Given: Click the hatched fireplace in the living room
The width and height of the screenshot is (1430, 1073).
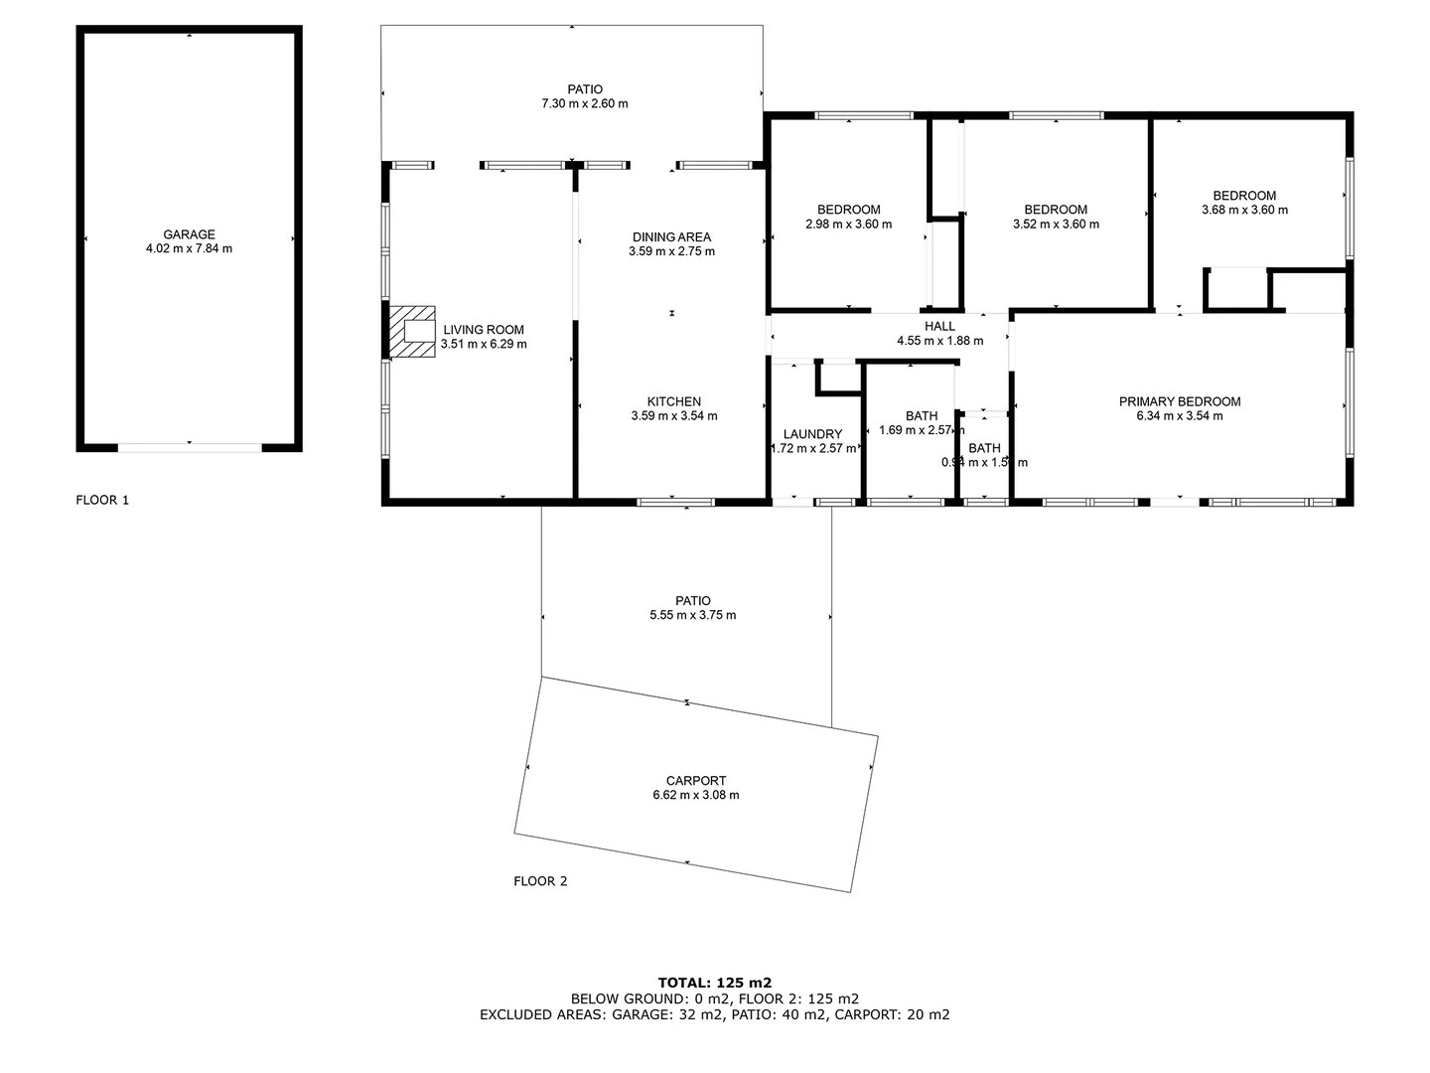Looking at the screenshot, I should point(412,331).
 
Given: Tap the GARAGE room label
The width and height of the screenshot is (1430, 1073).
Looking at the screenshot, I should point(189,234).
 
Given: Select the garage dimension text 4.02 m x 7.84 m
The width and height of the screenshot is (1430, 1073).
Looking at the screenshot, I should point(189,248).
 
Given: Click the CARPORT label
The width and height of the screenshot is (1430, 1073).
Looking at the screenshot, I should point(695,781).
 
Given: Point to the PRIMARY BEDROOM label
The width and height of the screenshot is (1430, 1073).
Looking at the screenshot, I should point(1180,401).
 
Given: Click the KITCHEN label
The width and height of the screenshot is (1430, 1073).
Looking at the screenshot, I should point(673,401).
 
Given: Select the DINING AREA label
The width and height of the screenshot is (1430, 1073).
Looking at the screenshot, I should point(671,236).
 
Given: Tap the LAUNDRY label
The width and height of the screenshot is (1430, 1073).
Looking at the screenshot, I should point(812,434).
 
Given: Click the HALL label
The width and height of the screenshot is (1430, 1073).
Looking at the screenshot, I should point(939,326).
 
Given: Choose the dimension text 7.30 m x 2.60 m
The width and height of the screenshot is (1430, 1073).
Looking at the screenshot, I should point(585,103).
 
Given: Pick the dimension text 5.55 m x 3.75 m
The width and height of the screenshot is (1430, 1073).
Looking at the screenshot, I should point(692,615).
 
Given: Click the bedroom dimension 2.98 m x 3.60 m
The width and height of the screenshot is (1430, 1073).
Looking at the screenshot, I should point(848,224).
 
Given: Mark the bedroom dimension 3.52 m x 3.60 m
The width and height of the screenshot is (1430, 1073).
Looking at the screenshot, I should point(1056,224).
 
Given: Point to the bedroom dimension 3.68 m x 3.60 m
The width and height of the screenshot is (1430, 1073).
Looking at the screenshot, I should point(1244,210).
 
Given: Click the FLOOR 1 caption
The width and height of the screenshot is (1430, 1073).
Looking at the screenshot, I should point(102,500).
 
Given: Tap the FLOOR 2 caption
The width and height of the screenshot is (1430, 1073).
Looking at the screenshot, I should point(540,880).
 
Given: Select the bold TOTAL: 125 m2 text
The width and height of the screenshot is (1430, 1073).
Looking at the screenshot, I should point(714,983).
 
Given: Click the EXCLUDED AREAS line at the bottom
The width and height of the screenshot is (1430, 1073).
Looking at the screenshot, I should point(714,1014).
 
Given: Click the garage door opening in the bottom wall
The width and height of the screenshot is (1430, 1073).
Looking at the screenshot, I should point(190,447).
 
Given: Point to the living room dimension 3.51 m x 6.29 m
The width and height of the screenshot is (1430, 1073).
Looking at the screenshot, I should point(484,344).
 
